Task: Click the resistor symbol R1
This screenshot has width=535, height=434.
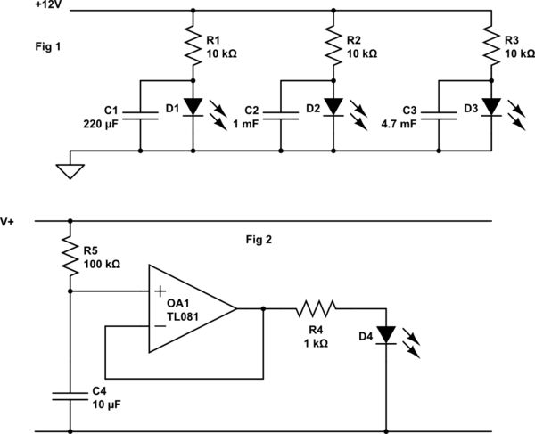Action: pyautogui.click(x=193, y=45)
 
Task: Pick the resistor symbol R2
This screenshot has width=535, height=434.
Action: pyautogui.click(x=333, y=45)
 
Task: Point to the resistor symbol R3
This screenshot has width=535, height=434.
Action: pyautogui.click(x=491, y=45)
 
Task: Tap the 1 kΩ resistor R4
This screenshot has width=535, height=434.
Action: pyautogui.click(x=317, y=308)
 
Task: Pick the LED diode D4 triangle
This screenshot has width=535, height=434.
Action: pyautogui.click(x=386, y=335)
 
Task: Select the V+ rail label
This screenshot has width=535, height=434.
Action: pyautogui.click(x=9, y=221)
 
